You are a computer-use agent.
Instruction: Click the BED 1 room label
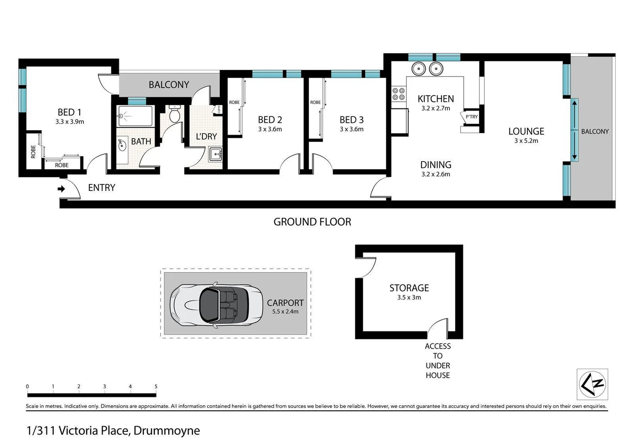pos(69,112)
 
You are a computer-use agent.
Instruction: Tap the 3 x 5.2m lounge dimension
pos(526,141)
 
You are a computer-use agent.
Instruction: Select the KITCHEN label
pos(435,99)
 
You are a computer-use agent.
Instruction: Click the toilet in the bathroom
pos(175,114)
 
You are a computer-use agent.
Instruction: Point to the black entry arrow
pos(61,189)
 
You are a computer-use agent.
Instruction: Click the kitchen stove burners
pos(399,94)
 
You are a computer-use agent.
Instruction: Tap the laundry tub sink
pos(215,154)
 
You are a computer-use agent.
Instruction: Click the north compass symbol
pos(593,384)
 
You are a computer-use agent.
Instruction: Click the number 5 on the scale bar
pos(156,386)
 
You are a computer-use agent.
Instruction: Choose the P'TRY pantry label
pos(471,117)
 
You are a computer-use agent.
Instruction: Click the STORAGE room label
pos(409,288)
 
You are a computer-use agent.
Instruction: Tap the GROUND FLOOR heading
pos(312,222)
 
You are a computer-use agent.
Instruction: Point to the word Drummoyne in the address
pos(167,431)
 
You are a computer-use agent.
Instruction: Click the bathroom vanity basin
pos(122,146)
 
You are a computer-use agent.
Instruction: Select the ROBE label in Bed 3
pos(315,102)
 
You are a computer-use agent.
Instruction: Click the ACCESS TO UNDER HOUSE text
pos(437,360)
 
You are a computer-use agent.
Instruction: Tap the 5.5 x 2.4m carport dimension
pos(285,312)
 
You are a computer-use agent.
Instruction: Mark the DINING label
pos(435,165)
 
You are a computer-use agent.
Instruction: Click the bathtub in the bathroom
pos(136,116)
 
